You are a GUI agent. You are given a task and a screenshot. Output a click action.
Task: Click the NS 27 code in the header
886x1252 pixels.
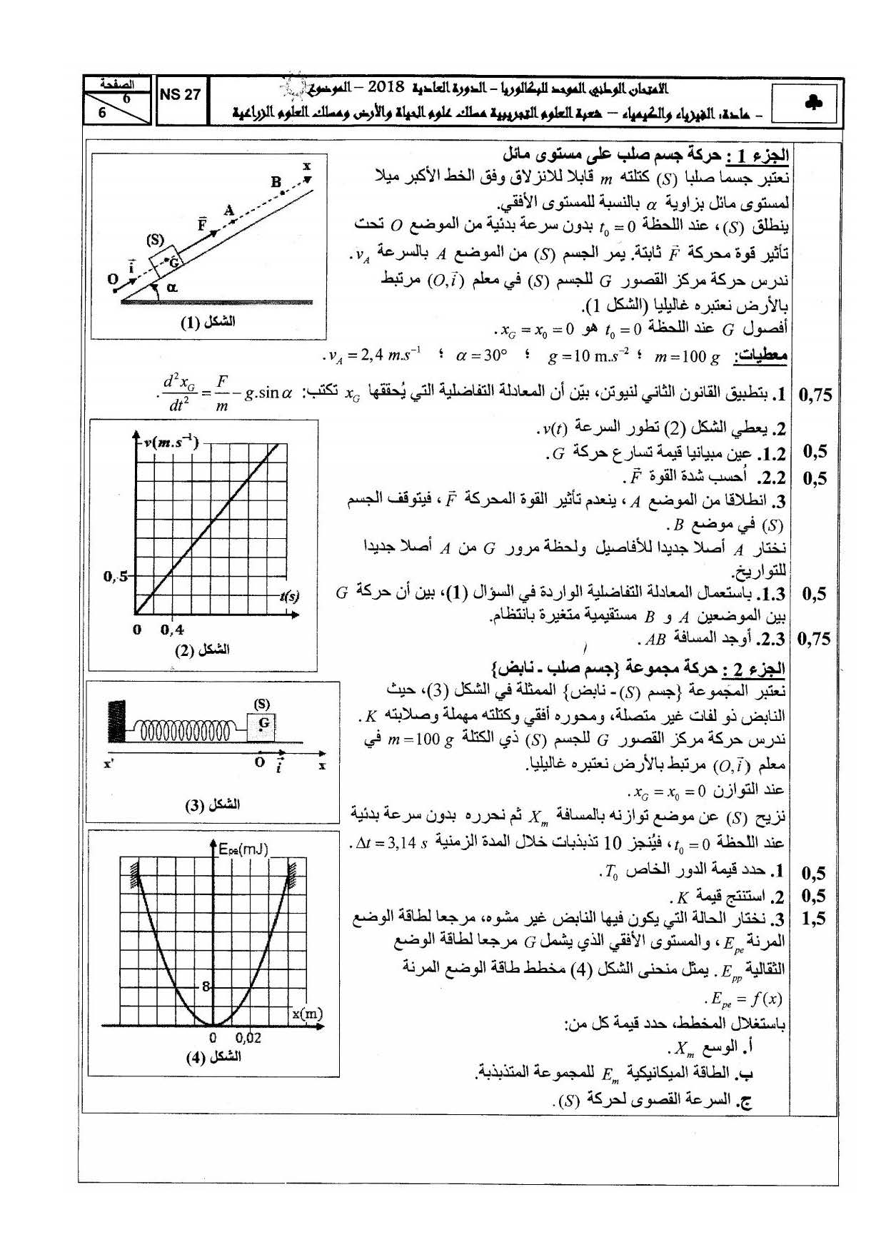click(x=180, y=94)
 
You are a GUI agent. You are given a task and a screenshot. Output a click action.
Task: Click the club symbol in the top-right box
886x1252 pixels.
click(x=812, y=103)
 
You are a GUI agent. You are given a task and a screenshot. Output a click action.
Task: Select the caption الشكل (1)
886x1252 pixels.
click(x=208, y=321)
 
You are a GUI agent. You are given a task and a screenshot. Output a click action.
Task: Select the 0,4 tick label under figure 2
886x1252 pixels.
click(x=172, y=630)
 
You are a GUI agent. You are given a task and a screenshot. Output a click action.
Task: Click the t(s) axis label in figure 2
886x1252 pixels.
click(x=288, y=595)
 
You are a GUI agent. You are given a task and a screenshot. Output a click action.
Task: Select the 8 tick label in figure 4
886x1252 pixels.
click(x=206, y=987)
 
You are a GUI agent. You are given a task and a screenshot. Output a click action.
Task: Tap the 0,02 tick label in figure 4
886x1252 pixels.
click(x=248, y=1038)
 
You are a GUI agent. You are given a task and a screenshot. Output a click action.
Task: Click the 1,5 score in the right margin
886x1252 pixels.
click(x=812, y=919)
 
